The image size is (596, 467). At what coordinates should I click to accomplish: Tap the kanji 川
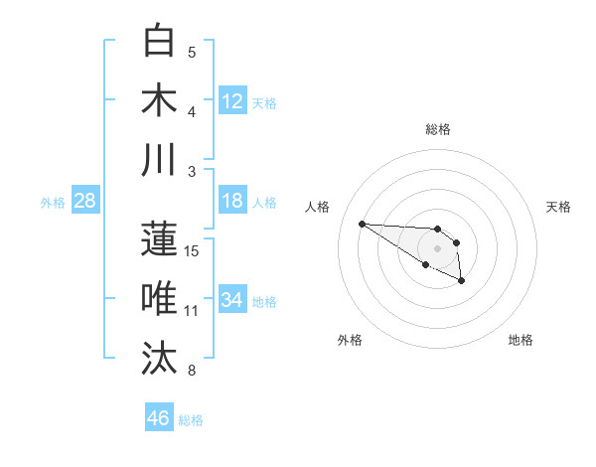coord(159,159)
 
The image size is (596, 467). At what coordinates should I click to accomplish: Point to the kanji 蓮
coord(159,238)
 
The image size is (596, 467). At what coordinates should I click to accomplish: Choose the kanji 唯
coord(159,298)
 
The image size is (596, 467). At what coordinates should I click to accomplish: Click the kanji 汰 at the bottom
coord(159,358)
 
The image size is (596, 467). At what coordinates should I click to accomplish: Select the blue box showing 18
coord(232,202)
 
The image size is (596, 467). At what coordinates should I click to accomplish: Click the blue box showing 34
coord(232,299)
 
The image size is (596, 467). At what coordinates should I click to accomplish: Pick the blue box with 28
coord(85,202)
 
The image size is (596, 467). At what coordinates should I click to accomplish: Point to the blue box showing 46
coord(159,418)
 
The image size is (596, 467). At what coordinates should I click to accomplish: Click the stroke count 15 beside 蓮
coord(192,250)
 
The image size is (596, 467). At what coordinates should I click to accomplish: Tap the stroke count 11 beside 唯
coord(192,311)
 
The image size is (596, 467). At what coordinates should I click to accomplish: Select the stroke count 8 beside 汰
coord(192,371)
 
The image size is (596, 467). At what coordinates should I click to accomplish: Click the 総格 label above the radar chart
coord(437,129)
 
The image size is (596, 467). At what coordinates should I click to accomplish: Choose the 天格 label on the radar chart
coord(559,207)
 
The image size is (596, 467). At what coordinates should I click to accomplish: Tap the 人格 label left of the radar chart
coord(318,207)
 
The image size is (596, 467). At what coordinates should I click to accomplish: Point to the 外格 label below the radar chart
coord(350,340)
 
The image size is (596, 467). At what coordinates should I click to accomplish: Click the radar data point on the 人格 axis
coord(362,224)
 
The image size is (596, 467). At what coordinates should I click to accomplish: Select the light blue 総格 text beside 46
coord(191,420)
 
